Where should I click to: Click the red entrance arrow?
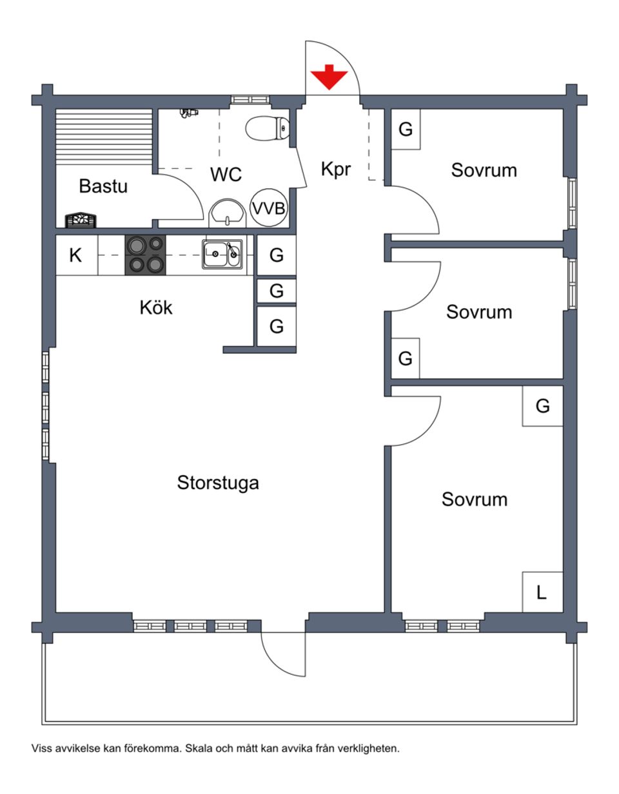[329, 77]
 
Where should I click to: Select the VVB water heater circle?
[268, 208]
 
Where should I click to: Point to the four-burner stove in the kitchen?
[145, 255]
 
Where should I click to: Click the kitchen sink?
[222, 255]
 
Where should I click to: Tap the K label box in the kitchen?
[76, 255]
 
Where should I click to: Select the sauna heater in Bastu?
[81, 220]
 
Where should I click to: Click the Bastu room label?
[103, 186]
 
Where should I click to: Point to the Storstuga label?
[218, 483]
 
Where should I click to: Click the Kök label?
[156, 308]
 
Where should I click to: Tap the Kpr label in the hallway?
[336, 169]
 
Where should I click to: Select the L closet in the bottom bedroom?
[542, 592]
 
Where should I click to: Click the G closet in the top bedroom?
[406, 130]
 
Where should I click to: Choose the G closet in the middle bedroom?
[406, 358]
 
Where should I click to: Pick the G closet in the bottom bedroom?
[543, 406]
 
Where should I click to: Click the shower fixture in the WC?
[189, 113]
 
